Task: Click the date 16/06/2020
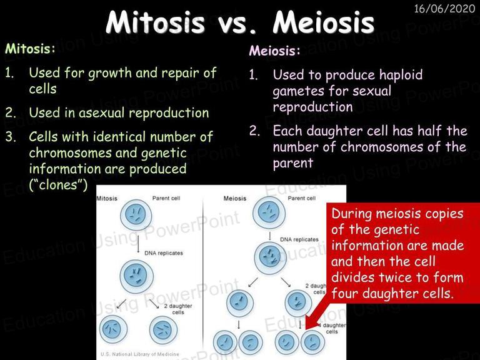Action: point(444,8)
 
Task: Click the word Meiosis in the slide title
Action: point(323,22)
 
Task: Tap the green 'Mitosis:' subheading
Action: point(30,48)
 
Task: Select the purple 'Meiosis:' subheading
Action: point(274,51)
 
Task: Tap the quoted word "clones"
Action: point(58,184)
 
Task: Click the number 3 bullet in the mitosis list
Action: point(10,137)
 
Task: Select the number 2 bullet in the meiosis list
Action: point(254,131)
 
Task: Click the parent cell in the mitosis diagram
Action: point(136,215)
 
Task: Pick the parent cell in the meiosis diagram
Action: point(269,212)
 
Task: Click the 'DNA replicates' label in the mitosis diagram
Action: point(164,253)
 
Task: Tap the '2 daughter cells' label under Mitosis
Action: point(178,309)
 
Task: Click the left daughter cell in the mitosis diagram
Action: point(114,329)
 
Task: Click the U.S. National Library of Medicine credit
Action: point(139,354)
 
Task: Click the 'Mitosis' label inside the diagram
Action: point(107,198)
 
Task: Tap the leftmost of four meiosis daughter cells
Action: point(225,342)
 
